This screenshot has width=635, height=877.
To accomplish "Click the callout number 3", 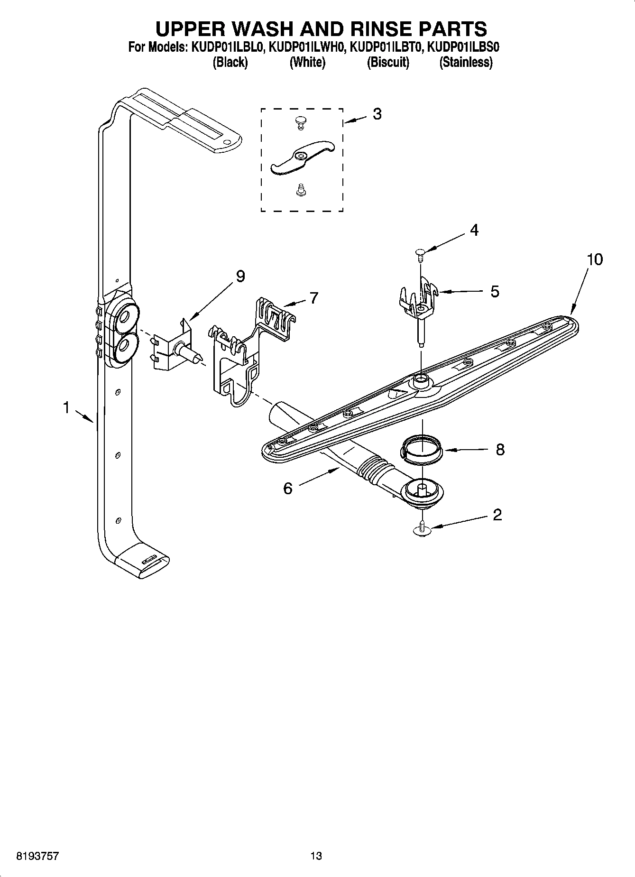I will point(377,114).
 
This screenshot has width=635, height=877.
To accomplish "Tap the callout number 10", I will point(594,259).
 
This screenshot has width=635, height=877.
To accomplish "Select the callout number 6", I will point(288,488).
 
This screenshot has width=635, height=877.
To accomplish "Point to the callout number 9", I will point(240,276).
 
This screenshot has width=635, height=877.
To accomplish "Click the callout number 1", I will point(66,407).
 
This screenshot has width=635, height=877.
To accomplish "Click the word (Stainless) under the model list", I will point(466,62).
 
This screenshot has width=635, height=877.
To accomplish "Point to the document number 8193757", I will point(38,856).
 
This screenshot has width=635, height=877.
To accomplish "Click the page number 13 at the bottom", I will point(316,856).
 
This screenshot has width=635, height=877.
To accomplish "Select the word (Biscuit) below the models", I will point(388,62).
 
